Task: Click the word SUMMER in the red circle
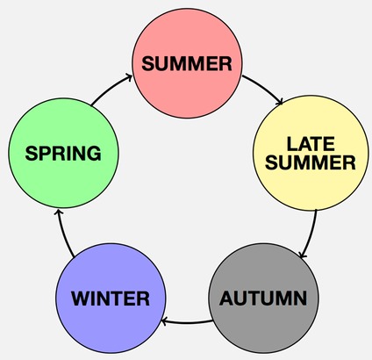[187, 63]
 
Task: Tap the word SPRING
[63, 153]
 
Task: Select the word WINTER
[111, 299]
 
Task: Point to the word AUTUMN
[263, 299]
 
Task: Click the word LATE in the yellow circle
[311, 144]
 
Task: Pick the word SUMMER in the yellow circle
[311, 162]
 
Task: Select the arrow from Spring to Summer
[111, 89]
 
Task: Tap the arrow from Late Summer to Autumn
[311, 234]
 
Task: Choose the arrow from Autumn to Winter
[187, 323]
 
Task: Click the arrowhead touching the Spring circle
[59, 213]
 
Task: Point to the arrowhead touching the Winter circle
[164, 322]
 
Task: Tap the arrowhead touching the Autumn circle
[303, 256]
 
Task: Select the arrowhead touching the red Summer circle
[129, 77]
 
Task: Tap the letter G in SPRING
[94, 153]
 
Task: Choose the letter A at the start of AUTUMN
[227, 299]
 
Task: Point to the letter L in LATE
[292, 144]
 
